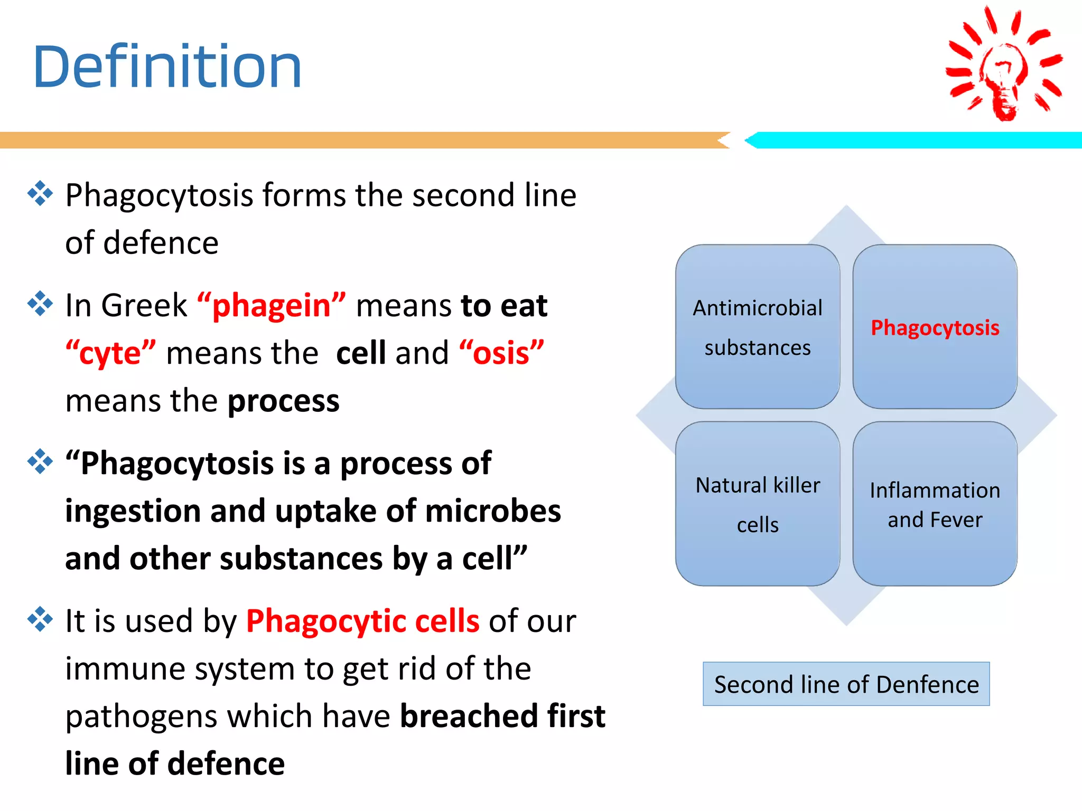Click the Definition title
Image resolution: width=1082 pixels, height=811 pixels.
click(x=167, y=67)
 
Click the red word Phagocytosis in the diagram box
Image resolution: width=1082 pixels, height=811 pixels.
click(x=935, y=328)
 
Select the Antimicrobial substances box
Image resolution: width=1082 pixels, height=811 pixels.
click(x=757, y=327)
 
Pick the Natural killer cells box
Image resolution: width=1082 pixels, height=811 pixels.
click(x=757, y=504)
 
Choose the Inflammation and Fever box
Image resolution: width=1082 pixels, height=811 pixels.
click(x=935, y=504)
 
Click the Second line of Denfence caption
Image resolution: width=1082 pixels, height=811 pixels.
click(x=846, y=684)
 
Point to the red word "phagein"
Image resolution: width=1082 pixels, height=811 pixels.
click(x=272, y=306)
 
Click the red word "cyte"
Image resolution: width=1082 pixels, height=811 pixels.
click(x=110, y=353)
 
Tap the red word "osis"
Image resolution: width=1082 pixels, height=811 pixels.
click(x=501, y=353)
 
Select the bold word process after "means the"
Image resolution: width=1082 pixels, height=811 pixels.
click(x=283, y=401)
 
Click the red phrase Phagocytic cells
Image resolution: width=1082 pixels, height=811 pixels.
click(x=362, y=621)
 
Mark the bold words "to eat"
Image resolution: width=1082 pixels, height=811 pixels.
click(x=503, y=306)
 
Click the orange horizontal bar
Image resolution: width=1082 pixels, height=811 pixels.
click(x=359, y=140)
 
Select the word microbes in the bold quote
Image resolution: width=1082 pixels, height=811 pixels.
click(x=492, y=511)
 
